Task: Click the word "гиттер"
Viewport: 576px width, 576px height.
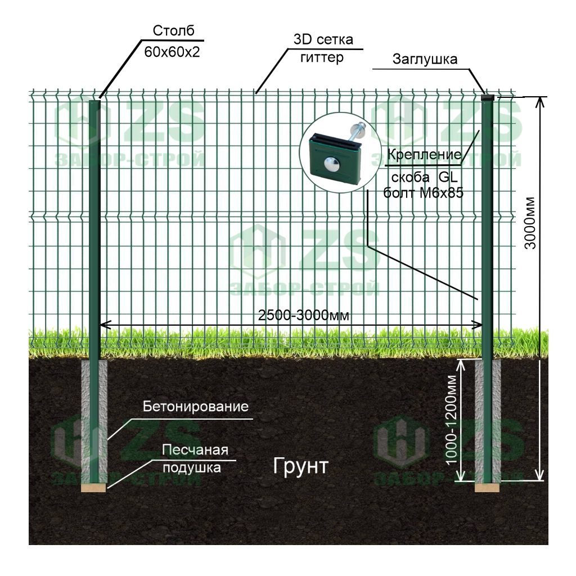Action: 322,57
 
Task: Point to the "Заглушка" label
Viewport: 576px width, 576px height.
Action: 425,58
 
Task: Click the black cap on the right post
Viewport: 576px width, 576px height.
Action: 487,97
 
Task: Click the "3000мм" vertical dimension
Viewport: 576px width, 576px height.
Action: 530,224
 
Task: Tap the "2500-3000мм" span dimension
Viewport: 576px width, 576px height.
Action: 304,316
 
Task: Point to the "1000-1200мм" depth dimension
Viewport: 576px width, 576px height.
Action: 451,420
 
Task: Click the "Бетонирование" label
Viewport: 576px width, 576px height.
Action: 196,406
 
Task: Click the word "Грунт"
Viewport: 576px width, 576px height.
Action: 300,466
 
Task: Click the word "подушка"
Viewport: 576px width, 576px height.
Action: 192,467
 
